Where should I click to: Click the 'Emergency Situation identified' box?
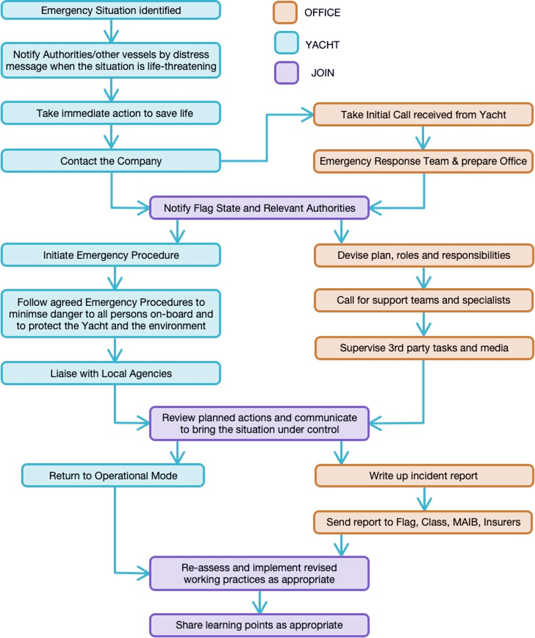click(110, 10)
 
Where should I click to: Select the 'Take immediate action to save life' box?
click(110, 113)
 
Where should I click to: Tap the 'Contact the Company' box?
click(110, 161)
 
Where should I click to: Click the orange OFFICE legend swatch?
click(285, 13)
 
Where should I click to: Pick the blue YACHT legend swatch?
click(285, 43)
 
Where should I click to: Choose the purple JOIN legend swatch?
click(285, 73)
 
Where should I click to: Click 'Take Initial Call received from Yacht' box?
click(423, 115)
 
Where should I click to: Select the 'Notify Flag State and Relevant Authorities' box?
click(259, 208)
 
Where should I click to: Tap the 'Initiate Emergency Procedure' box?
click(110, 255)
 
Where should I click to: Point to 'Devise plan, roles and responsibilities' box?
click(423, 255)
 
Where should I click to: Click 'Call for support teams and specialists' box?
click(423, 300)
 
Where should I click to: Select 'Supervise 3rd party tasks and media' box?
click(423, 348)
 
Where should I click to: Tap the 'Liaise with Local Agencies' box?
click(110, 374)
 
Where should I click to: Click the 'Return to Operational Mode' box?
click(113, 476)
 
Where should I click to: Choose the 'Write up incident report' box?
click(423, 476)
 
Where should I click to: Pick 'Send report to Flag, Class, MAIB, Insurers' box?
click(423, 522)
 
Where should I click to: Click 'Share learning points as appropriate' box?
click(259, 625)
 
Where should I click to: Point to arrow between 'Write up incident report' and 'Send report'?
click(423, 499)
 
